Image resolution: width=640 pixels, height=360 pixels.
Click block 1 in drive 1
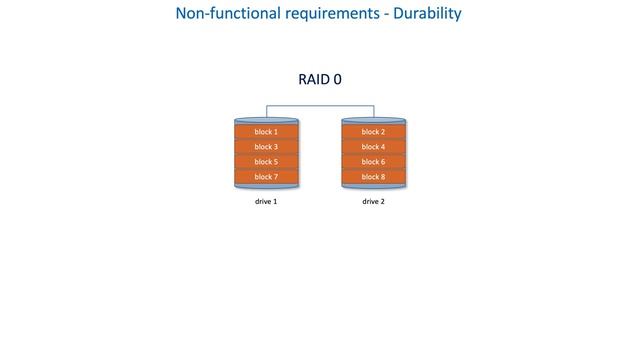pyautogui.click(x=266, y=132)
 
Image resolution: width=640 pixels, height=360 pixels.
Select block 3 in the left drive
pyautogui.click(x=266, y=147)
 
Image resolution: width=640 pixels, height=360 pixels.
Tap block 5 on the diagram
pyautogui.click(x=266, y=162)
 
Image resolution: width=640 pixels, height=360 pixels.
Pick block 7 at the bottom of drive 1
pyautogui.click(x=266, y=177)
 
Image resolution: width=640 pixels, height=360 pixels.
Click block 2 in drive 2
pyautogui.click(x=373, y=132)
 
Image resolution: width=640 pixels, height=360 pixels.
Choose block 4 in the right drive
pyautogui.click(x=373, y=147)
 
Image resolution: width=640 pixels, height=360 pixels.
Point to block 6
pyautogui.click(x=373, y=162)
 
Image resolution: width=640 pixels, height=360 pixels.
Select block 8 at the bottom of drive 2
pyautogui.click(x=373, y=177)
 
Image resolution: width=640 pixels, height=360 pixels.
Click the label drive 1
pyautogui.click(x=266, y=201)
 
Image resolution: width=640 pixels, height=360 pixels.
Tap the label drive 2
pyautogui.click(x=373, y=201)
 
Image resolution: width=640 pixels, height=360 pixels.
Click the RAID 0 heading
pyautogui.click(x=320, y=79)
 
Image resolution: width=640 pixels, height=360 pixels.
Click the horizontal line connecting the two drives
pyautogui.click(x=320, y=105)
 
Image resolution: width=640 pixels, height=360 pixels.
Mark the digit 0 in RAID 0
pyautogui.click(x=337, y=79)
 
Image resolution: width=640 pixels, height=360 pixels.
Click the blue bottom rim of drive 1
pyautogui.click(x=266, y=187)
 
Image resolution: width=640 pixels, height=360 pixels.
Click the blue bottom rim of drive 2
pyautogui.click(x=373, y=187)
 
